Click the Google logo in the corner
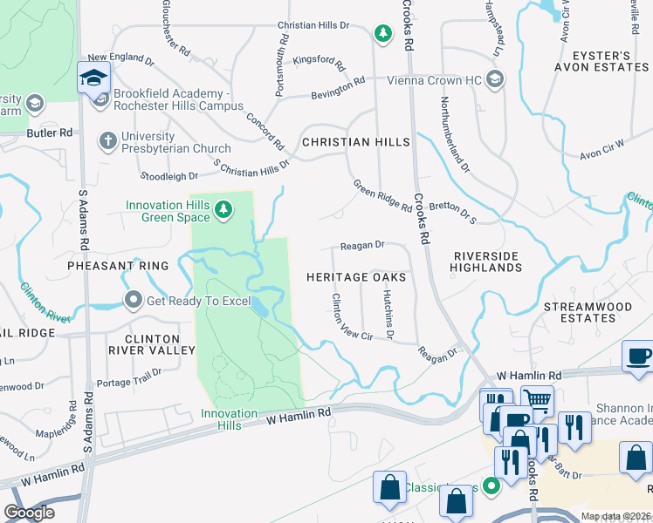point(28,513)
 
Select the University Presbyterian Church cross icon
point(107,141)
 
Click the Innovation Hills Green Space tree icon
point(224,208)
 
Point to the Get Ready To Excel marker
point(133,301)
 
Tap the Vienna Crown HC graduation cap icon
point(495,80)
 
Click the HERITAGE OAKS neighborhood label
point(356,276)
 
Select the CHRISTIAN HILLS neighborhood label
point(355,141)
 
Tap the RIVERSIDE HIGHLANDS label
point(486,261)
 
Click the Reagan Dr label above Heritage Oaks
point(363,246)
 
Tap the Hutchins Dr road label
point(388,314)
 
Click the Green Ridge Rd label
point(382,196)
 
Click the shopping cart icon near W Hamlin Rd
point(537,401)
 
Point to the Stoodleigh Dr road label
point(170,175)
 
